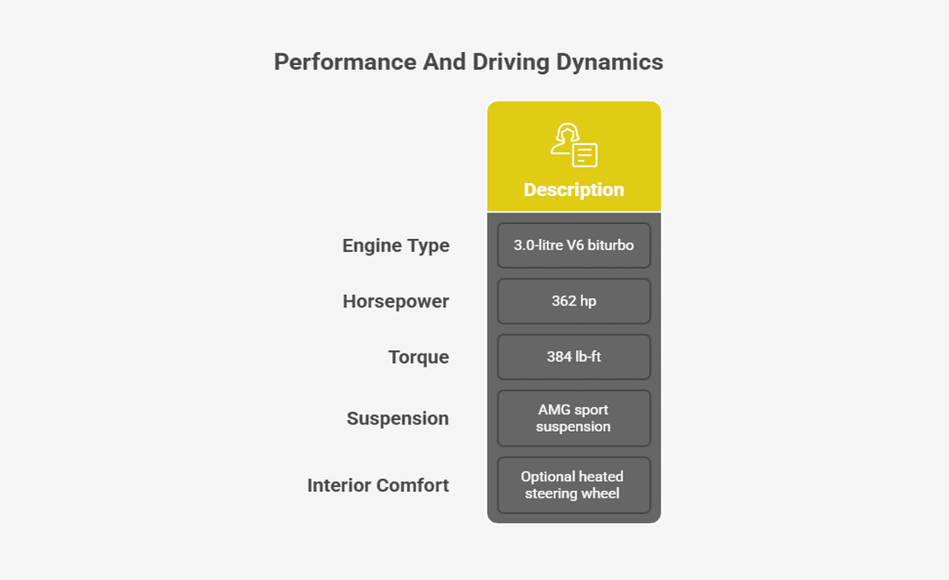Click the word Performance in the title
point(345,62)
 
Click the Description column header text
point(573,189)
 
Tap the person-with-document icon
point(573,145)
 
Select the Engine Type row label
point(395,246)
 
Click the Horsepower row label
point(395,302)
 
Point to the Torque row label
point(418,358)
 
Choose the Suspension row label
point(398,419)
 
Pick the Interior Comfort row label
point(378,485)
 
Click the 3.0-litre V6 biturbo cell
point(573,246)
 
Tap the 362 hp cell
point(573,301)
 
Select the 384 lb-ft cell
point(573,357)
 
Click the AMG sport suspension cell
point(573,419)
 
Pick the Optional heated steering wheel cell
point(573,485)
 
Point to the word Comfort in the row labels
point(412,485)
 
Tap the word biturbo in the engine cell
point(610,246)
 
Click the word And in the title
point(445,62)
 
